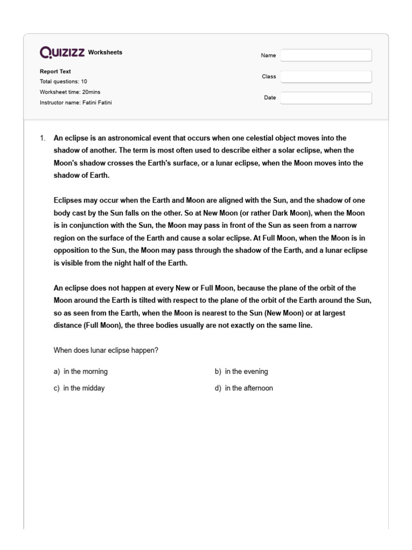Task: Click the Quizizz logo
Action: tap(62, 52)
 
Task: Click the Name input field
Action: tap(326, 55)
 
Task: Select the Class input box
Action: tap(326, 77)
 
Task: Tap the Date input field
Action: tap(326, 98)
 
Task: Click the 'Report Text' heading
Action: tap(55, 71)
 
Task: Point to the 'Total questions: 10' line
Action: tap(63, 82)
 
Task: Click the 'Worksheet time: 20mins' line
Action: tap(69, 92)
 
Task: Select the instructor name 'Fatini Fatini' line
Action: tap(76, 102)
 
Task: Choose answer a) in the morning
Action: tap(81, 372)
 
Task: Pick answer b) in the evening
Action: tap(241, 372)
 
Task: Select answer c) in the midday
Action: tap(79, 388)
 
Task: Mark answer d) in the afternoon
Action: tap(244, 388)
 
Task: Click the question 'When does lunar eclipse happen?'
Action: tap(106, 350)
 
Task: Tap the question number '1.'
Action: tap(43, 138)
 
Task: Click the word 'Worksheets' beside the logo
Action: tap(105, 53)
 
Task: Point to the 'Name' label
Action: tap(268, 55)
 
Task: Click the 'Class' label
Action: tap(269, 77)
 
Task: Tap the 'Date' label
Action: tap(269, 98)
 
